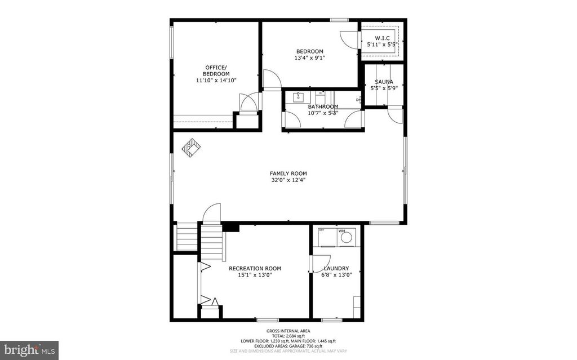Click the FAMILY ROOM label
click(x=288, y=174)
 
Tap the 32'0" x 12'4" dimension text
click(x=288, y=180)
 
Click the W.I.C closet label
click(x=383, y=37)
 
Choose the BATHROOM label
click(x=323, y=106)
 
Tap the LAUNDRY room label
click(x=336, y=268)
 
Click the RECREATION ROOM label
click(x=255, y=268)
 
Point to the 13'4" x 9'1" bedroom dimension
click(x=310, y=57)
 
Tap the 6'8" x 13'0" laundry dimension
click(x=336, y=275)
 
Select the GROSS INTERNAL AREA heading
click(x=288, y=331)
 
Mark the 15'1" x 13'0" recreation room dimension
click(x=255, y=275)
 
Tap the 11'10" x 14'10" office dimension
click(x=216, y=81)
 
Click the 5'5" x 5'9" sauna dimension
click(x=383, y=88)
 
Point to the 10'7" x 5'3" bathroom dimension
click(x=323, y=113)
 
